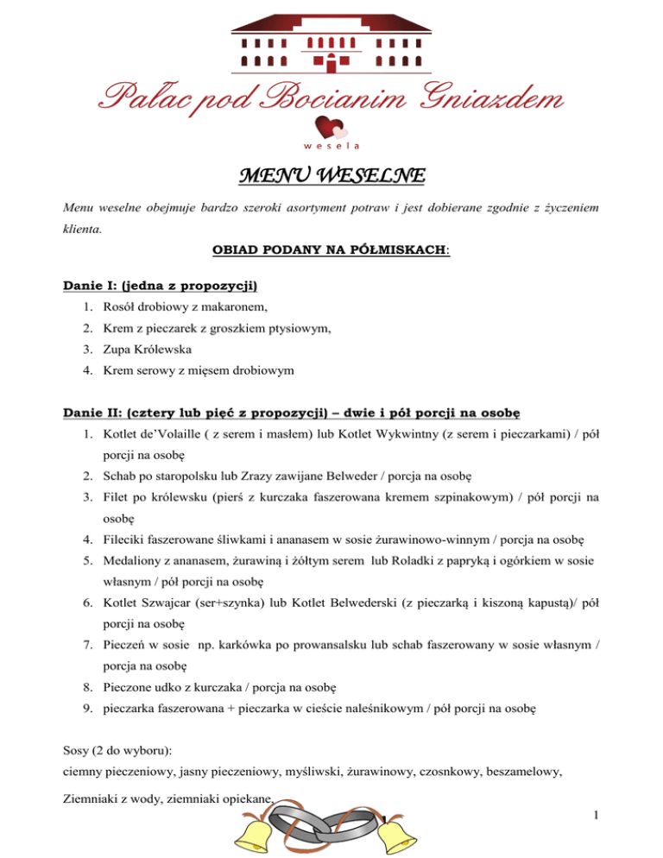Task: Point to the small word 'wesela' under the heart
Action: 331,148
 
